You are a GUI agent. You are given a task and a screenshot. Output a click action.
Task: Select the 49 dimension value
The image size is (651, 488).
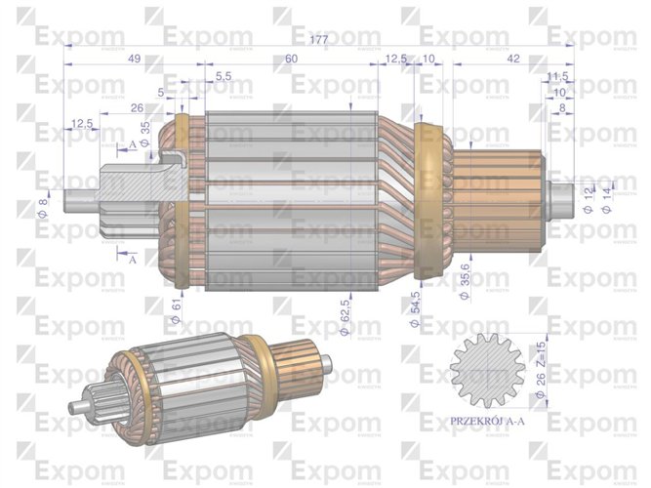click(x=135, y=59)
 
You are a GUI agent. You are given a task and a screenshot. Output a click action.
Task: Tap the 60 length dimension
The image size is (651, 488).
click(x=291, y=59)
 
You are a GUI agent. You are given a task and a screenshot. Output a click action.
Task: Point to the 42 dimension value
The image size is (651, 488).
click(x=512, y=59)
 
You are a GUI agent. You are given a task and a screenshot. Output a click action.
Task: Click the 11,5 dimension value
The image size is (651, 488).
click(x=557, y=76)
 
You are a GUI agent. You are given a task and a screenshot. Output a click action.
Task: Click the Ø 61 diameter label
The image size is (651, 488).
click(x=176, y=310)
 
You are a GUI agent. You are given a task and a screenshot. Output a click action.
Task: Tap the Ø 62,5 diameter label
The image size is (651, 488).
click(x=345, y=317)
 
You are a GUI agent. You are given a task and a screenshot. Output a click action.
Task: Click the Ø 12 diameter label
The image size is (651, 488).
click(x=588, y=203)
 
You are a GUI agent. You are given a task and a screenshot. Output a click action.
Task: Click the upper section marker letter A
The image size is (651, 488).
click(x=132, y=144)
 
